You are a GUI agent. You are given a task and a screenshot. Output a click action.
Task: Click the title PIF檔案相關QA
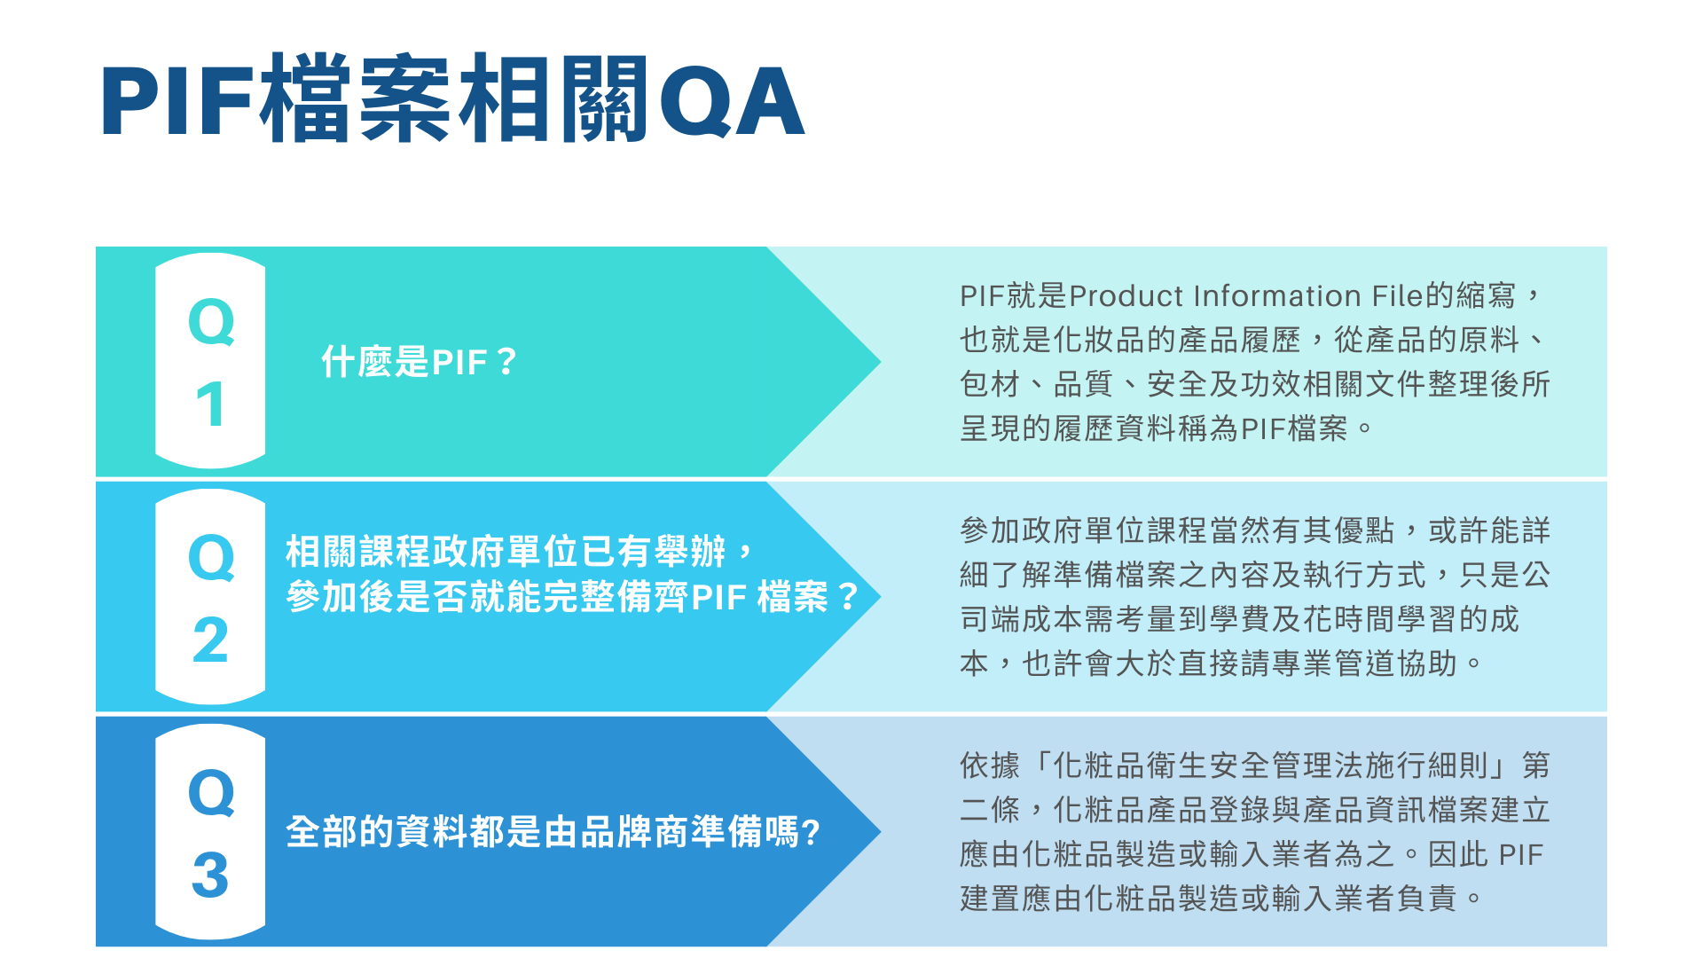pos(452,99)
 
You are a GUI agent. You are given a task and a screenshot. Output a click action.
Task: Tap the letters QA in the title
pos(732,101)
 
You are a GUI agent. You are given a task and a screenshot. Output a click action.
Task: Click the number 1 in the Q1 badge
pos(210,404)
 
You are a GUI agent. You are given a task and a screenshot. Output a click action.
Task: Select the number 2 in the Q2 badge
pos(210,640)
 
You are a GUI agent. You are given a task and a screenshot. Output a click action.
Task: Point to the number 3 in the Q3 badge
pos(210,875)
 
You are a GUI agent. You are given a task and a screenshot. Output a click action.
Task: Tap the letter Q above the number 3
pos(211,792)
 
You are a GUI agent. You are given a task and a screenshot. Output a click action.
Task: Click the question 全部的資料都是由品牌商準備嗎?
pos(553,832)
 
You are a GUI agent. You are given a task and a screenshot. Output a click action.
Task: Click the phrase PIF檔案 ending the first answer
pos(1294,429)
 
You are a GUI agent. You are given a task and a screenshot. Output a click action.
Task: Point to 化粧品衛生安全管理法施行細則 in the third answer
pos(1271,766)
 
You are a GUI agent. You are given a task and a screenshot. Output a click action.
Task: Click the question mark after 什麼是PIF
pos(506,362)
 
